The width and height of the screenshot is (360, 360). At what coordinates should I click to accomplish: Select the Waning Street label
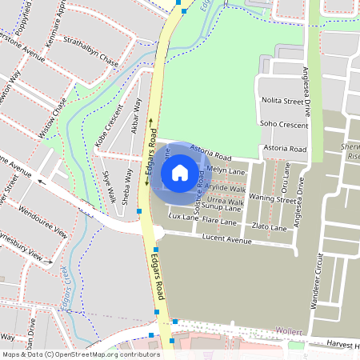click(272, 199)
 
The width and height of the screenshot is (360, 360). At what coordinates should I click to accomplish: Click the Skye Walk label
click(108, 186)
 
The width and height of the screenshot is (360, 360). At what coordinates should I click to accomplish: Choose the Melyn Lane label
click(226, 170)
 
